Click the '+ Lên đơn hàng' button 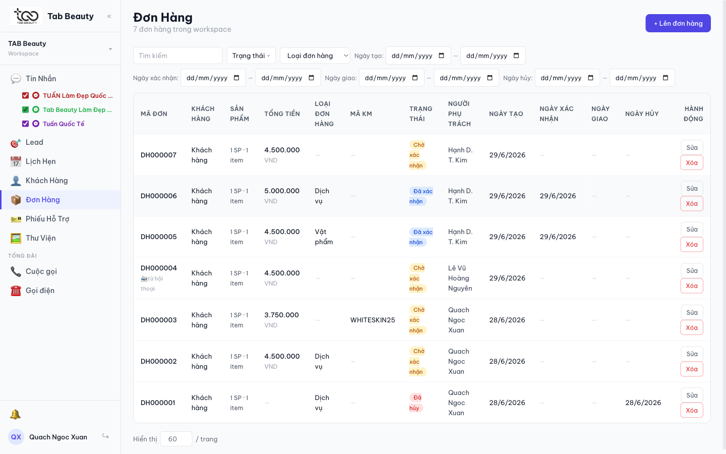pyautogui.click(x=678, y=23)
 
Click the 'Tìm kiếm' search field pyautogui.click(x=177, y=55)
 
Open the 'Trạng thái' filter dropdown pyautogui.click(x=251, y=55)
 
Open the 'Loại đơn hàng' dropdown pyautogui.click(x=315, y=55)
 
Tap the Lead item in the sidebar pyautogui.click(x=34, y=142)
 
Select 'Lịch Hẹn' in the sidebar pyautogui.click(x=40, y=161)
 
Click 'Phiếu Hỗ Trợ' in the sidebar pyautogui.click(x=47, y=219)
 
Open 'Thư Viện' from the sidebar pyautogui.click(x=40, y=238)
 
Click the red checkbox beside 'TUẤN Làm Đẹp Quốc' pyautogui.click(x=25, y=96)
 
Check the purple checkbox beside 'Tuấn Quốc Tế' pyautogui.click(x=25, y=124)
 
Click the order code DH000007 pyautogui.click(x=158, y=155)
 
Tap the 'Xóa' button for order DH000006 pyautogui.click(x=692, y=204)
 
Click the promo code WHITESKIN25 pyautogui.click(x=373, y=320)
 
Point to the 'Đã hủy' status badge pyautogui.click(x=416, y=403)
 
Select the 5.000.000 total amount pyautogui.click(x=282, y=191)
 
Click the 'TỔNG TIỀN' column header pyautogui.click(x=282, y=114)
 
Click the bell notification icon pyautogui.click(x=16, y=415)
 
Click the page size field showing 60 pyautogui.click(x=176, y=439)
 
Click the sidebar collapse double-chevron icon pyautogui.click(x=109, y=16)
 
